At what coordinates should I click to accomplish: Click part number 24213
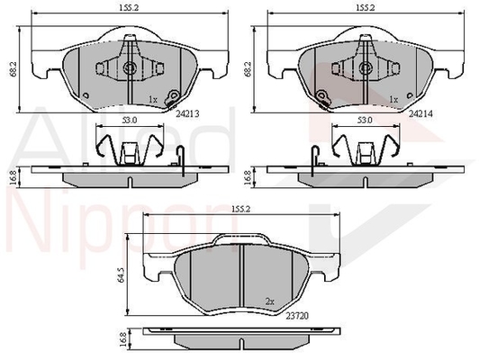click(x=188, y=114)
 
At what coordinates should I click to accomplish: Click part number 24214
click(x=421, y=114)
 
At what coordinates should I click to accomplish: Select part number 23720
click(x=297, y=316)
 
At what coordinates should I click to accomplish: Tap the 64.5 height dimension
click(x=122, y=274)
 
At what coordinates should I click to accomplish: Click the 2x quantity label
click(x=270, y=301)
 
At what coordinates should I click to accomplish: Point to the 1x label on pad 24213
click(x=153, y=99)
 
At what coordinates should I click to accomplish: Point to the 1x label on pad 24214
click(x=393, y=99)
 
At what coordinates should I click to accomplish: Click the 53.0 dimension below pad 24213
click(x=130, y=121)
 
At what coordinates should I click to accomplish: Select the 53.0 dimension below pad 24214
click(x=365, y=121)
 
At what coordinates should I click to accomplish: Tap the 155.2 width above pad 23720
click(x=241, y=209)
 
